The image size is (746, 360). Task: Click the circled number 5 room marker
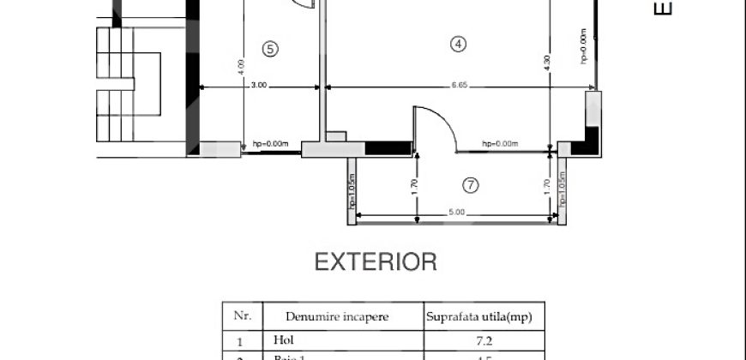[x=270, y=49]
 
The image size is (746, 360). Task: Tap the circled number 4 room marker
[x=459, y=45]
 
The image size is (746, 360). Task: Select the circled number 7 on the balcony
[x=469, y=184]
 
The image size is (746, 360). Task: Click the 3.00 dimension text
[x=260, y=85]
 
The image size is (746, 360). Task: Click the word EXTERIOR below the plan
[x=376, y=261]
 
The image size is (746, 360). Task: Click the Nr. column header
[x=241, y=315]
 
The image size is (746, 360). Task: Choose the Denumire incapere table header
[x=326, y=316]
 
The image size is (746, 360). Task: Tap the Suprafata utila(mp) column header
[x=478, y=316]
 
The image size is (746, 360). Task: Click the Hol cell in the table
[x=282, y=339]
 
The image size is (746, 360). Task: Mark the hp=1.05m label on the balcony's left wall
[x=352, y=190]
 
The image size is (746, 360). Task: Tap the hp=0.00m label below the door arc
[x=502, y=144]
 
